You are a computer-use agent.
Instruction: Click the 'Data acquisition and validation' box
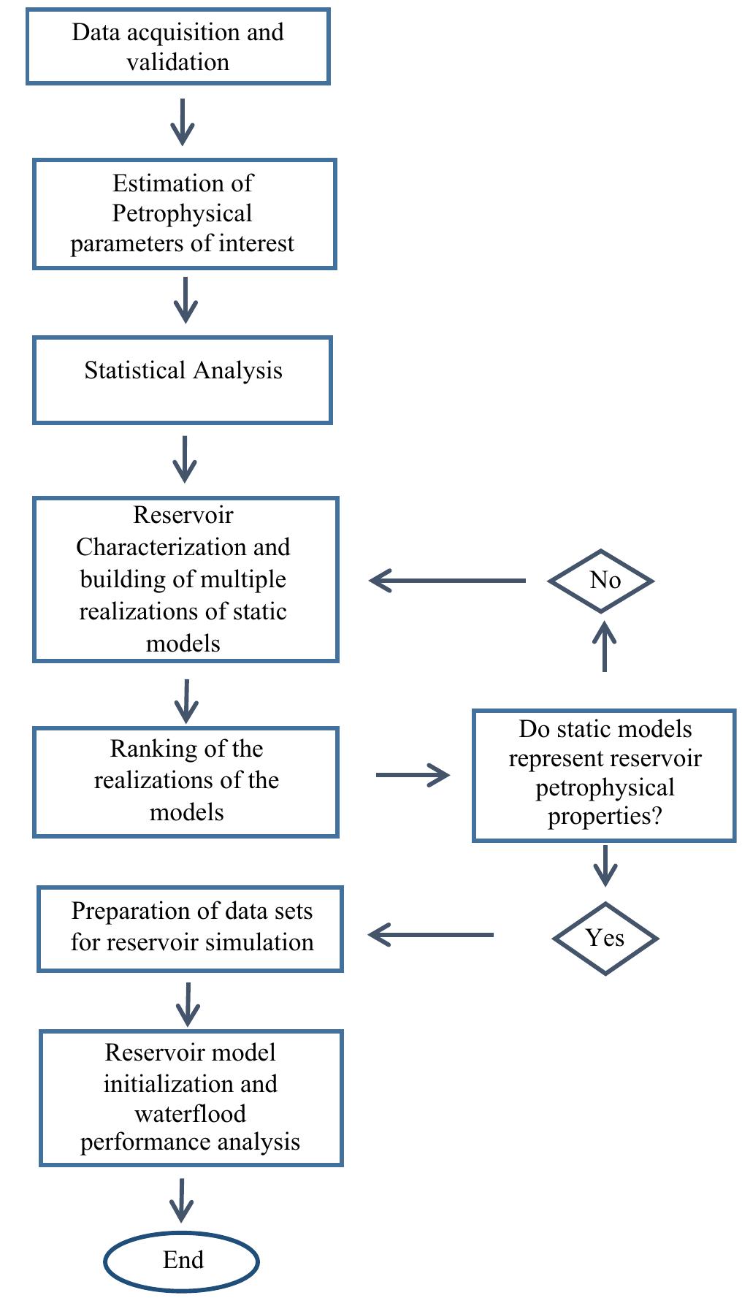point(177,47)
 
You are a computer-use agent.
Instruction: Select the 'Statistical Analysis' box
point(183,380)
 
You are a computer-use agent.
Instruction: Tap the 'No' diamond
point(601,581)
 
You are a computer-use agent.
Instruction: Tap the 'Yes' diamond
point(605,938)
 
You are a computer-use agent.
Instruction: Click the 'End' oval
point(182,1260)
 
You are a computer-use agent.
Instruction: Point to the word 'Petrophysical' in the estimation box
point(182,213)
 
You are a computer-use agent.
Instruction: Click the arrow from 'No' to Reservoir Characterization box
point(447,581)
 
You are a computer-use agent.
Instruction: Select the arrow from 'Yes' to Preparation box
point(431,934)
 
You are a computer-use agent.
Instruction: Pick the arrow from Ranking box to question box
point(413,774)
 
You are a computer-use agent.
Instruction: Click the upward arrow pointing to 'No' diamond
point(604,646)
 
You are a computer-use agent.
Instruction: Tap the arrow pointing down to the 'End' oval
point(181,1199)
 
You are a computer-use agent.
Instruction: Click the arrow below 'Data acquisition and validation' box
point(182,122)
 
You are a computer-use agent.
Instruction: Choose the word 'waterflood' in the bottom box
point(190,1113)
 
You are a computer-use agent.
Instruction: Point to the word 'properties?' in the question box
point(605,816)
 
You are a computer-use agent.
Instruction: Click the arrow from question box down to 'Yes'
point(605,866)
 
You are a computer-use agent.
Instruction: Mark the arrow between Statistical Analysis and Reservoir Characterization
point(185,459)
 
